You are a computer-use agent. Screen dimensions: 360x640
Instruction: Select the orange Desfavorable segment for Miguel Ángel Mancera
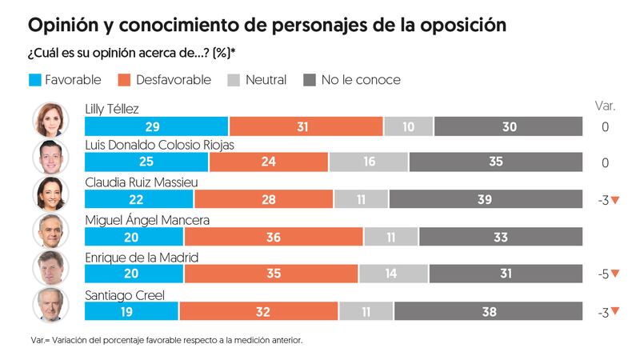tap(274, 236)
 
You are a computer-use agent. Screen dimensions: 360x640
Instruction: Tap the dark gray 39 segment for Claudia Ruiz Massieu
tap(486, 200)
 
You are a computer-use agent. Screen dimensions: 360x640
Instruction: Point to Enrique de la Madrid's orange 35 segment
tap(270, 273)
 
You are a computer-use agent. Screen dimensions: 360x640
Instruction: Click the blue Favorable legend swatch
tap(36, 80)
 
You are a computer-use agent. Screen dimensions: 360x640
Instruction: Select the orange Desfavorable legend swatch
tap(122, 80)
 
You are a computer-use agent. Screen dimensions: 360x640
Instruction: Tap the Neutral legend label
tap(267, 80)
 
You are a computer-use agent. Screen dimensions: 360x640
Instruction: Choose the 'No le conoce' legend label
tap(360, 80)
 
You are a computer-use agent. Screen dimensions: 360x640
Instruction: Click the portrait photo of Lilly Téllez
tap(50, 120)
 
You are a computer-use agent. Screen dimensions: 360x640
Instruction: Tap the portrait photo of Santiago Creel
tap(50, 304)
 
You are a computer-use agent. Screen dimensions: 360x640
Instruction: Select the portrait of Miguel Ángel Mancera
tap(50, 230)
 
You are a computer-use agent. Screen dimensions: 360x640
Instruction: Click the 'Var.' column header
tap(605, 106)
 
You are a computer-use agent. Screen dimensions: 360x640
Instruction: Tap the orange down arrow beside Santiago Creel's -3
tap(615, 311)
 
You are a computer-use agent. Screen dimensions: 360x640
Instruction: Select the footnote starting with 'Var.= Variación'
tap(166, 340)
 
